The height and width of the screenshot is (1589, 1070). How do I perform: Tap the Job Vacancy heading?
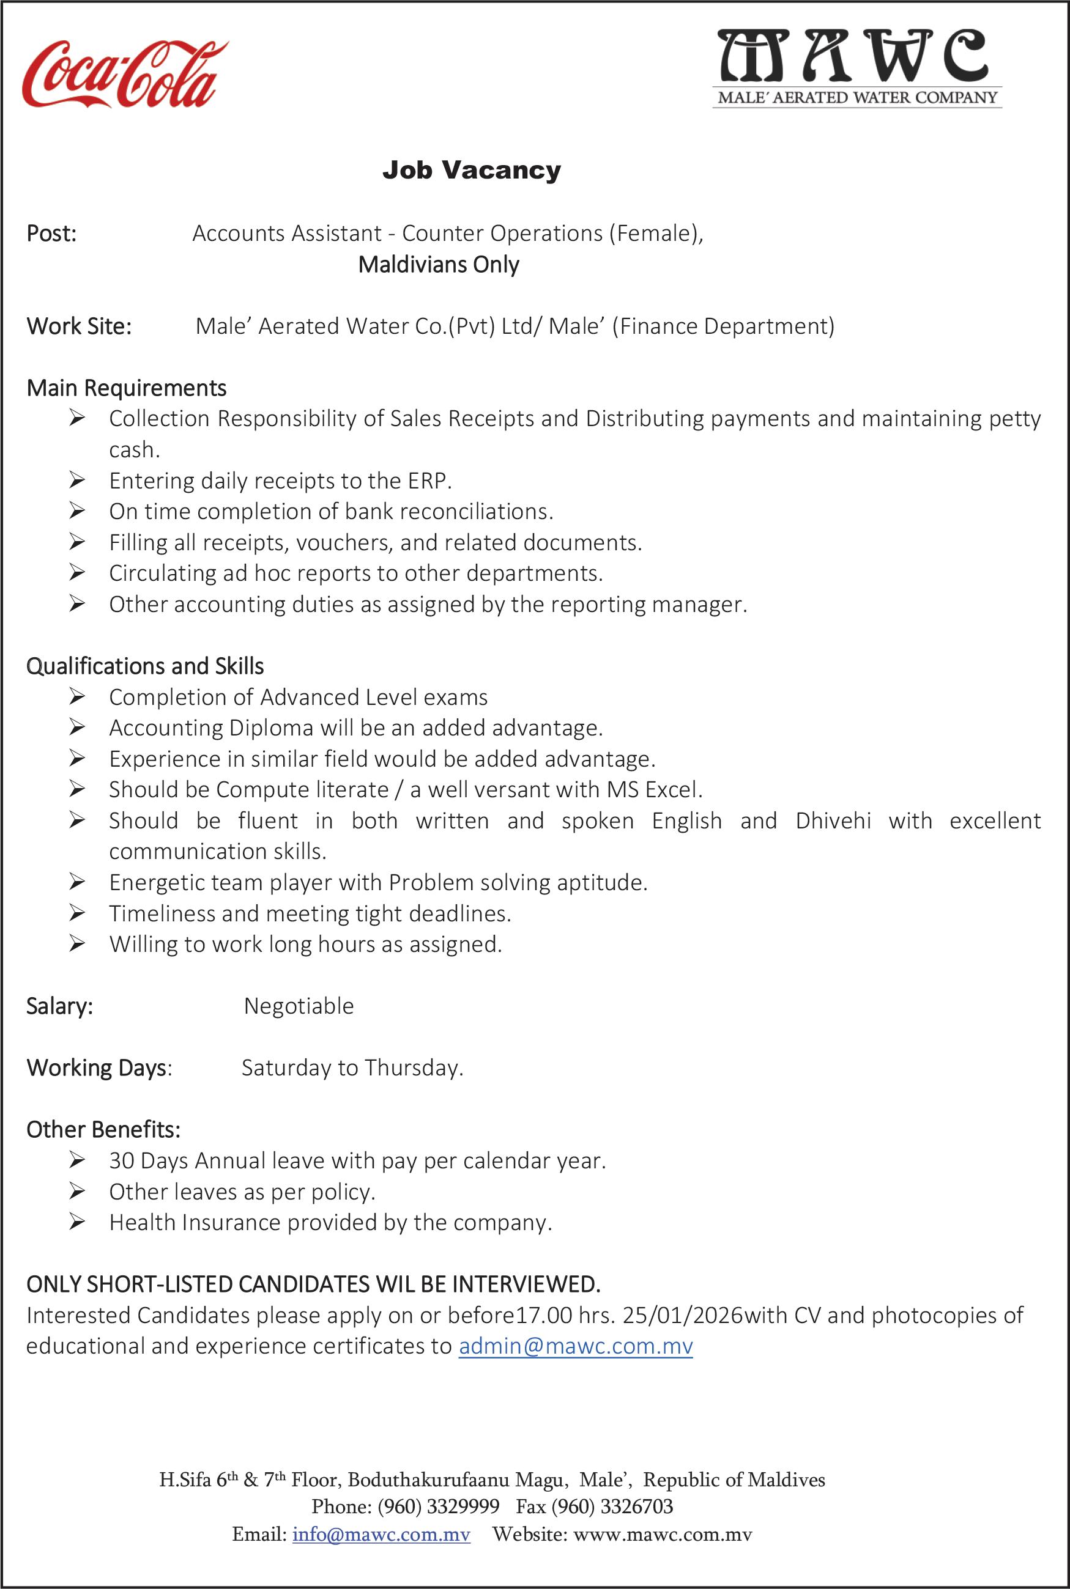pyautogui.click(x=472, y=170)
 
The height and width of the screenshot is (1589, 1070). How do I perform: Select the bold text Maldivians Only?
pyautogui.click(x=439, y=265)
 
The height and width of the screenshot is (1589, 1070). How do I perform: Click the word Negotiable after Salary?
pyautogui.click(x=299, y=1006)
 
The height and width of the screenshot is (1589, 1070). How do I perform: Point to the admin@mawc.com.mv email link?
pyautogui.click(x=575, y=1346)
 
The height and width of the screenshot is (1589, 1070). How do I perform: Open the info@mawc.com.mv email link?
pyautogui.click(x=381, y=1535)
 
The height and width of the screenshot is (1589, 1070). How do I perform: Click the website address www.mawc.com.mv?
pyautogui.click(x=662, y=1535)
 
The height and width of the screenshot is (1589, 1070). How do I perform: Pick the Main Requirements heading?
pyautogui.click(x=126, y=388)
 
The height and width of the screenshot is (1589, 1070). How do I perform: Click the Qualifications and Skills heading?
pyautogui.click(x=144, y=666)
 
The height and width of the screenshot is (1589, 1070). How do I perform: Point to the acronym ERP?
pyautogui.click(x=428, y=481)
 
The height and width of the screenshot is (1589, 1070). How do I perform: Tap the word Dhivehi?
pyautogui.click(x=833, y=820)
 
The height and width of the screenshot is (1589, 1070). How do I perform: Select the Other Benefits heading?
pyautogui.click(x=103, y=1130)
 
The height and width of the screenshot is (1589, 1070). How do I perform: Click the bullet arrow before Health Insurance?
pyautogui.click(x=76, y=1222)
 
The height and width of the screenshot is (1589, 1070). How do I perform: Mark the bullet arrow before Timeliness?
pyautogui.click(x=76, y=913)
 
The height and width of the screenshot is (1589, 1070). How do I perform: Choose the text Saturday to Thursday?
pyautogui.click(x=352, y=1068)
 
